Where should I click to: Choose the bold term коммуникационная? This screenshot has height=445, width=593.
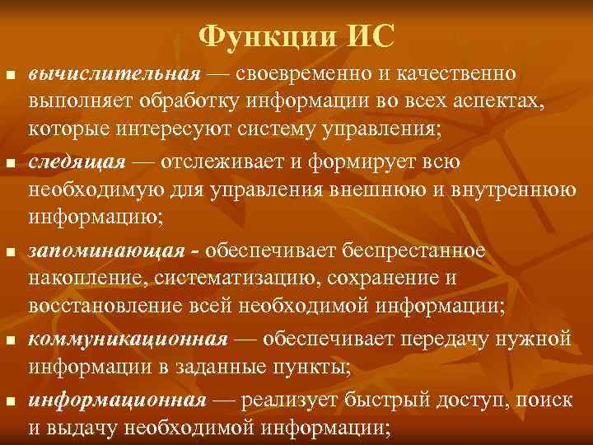pos(128,339)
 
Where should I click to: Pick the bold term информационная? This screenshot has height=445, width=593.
pos(116,400)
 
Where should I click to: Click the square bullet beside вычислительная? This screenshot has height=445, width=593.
pos(11,75)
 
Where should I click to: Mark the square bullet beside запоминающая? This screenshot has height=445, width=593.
pos(11,251)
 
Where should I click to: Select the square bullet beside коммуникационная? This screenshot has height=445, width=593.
pos(11,340)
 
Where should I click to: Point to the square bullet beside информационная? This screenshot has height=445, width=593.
pos(11,402)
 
